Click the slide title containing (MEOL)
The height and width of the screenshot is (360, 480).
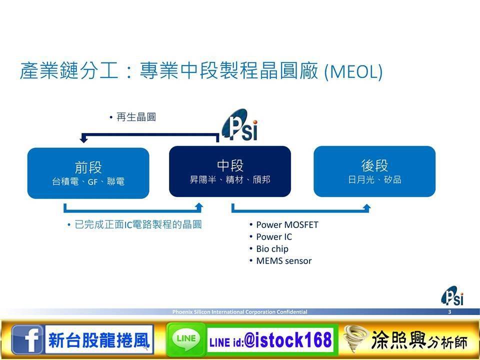(x=201, y=71)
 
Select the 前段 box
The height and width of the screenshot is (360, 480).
(x=88, y=173)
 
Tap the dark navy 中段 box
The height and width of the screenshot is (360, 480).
(x=230, y=171)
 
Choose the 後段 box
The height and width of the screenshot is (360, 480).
(x=374, y=171)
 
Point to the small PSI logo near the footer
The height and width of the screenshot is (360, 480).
(x=452, y=295)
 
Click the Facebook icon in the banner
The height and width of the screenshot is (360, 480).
(x=27, y=339)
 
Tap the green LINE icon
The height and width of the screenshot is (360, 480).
(x=186, y=339)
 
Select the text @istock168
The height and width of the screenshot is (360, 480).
(x=288, y=340)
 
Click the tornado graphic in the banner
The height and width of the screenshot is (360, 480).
(x=355, y=338)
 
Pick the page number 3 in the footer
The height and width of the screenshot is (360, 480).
(x=449, y=312)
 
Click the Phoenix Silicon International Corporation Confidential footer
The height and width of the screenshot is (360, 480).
(x=239, y=312)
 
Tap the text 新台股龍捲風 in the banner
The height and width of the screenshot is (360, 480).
(x=99, y=340)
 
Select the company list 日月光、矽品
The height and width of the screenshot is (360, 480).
(x=374, y=179)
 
